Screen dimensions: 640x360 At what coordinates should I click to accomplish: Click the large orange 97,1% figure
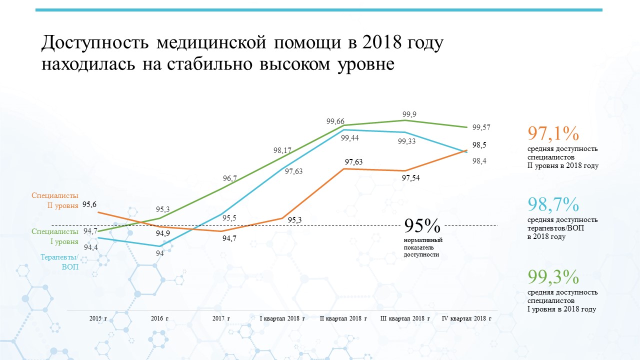553,133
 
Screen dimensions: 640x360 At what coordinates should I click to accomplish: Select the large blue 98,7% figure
553,204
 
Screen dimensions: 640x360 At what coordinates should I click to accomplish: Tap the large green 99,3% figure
553,276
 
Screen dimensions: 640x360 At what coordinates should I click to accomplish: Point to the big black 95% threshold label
422,225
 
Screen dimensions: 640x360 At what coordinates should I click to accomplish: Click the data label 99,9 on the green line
409,114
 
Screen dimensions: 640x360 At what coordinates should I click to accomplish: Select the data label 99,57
481,127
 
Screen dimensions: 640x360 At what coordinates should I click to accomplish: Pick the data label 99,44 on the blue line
349,138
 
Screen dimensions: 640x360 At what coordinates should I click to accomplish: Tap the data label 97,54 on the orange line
411,178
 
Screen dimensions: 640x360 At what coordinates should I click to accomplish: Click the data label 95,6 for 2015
89,204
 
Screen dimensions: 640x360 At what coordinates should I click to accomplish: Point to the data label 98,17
282,150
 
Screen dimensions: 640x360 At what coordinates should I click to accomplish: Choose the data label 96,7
230,178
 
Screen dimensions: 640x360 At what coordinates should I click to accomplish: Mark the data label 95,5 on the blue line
229,218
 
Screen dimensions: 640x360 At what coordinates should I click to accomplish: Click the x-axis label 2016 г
159,318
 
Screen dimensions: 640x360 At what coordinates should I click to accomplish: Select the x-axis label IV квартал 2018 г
466,318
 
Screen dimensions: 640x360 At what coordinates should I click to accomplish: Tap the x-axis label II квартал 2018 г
343,318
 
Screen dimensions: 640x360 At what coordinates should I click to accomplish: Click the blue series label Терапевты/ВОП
59,261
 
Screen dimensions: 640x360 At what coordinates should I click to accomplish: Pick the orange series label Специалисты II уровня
55,200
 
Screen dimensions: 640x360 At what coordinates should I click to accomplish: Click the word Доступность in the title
95,43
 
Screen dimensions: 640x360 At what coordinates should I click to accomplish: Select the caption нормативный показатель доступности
423,247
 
